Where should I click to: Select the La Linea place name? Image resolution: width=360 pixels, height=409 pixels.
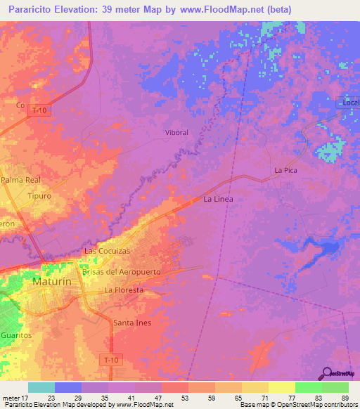coord(218,200)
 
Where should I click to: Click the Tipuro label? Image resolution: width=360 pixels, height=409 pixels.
coord(40,196)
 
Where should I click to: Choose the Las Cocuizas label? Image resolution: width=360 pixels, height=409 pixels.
coord(108,251)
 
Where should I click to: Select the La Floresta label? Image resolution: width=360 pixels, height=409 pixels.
coord(124,290)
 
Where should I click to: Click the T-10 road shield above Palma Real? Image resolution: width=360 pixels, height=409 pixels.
coord(38,110)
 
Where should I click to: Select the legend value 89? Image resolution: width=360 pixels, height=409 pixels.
coord(345,398)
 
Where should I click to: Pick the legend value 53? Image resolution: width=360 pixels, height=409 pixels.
coord(165,398)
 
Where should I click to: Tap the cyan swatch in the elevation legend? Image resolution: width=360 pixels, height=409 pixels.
coord(41,387)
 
